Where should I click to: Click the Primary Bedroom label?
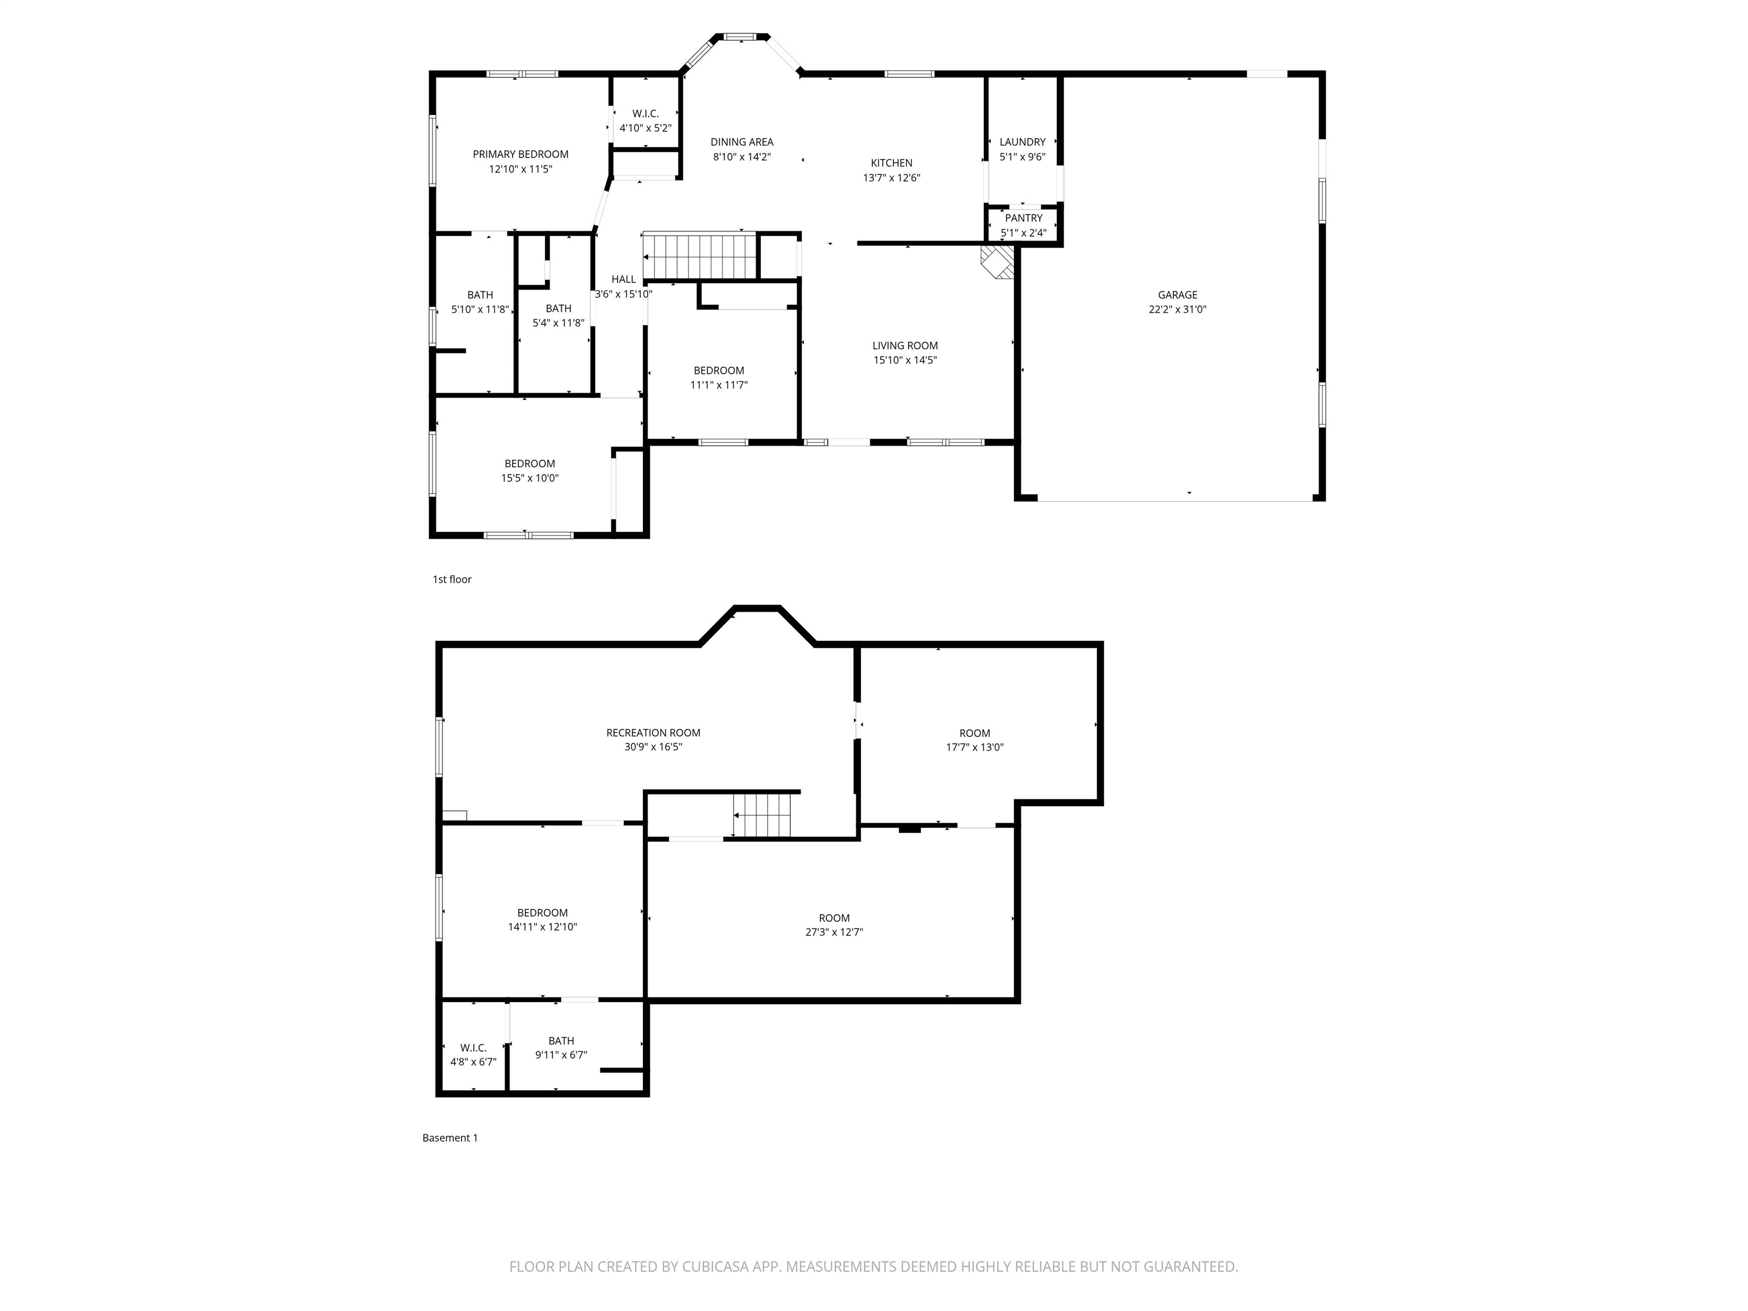(520, 154)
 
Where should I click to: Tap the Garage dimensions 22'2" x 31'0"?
(1177, 310)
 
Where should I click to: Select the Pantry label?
(1023, 218)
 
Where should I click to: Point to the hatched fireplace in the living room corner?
(997, 262)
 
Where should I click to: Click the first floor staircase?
(700, 256)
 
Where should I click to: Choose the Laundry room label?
(1022, 142)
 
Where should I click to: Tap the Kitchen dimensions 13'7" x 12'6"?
(892, 178)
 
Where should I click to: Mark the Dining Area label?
(741, 142)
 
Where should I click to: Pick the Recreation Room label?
(653, 732)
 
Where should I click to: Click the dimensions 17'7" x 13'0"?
(974, 748)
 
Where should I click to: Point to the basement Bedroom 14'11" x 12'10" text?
(542, 920)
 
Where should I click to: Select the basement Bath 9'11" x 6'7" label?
(561, 1041)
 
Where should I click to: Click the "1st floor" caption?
(451, 579)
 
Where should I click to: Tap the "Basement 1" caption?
(450, 1138)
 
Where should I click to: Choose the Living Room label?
(905, 345)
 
